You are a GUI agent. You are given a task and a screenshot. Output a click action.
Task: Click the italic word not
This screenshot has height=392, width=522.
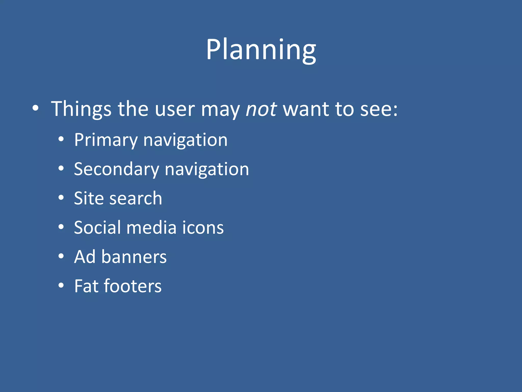pyautogui.click(x=261, y=109)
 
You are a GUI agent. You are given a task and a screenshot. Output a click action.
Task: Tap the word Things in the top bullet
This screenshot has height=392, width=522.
pyautogui.click(x=81, y=109)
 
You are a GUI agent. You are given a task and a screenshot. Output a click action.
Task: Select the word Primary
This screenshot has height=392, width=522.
pyautogui.click(x=106, y=140)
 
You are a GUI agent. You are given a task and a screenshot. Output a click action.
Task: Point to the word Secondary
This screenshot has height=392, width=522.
pyautogui.click(x=116, y=169)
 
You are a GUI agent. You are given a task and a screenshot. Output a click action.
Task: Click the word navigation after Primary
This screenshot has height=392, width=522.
pyautogui.click(x=185, y=140)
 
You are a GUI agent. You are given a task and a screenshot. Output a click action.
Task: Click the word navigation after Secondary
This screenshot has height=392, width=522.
pyautogui.click(x=207, y=169)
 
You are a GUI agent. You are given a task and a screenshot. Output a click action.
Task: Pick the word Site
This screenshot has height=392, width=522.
pyautogui.click(x=88, y=198)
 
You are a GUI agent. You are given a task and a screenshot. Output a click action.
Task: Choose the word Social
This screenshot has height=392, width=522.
pyautogui.click(x=97, y=227)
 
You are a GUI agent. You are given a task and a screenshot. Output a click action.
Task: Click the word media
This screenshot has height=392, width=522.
pyautogui.click(x=151, y=227)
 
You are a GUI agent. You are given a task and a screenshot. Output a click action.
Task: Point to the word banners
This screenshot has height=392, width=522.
pyautogui.click(x=134, y=257)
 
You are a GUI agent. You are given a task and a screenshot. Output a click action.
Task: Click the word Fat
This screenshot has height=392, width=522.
pyautogui.click(x=86, y=286)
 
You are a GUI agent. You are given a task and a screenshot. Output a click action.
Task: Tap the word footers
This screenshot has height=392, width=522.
pyautogui.click(x=133, y=286)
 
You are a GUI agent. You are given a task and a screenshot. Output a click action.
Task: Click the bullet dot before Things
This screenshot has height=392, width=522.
pyautogui.click(x=35, y=108)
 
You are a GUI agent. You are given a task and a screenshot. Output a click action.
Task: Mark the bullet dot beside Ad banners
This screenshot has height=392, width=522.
pyautogui.click(x=61, y=256)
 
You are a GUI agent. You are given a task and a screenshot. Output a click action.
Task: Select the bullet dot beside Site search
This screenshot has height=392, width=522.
pyautogui.click(x=61, y=198)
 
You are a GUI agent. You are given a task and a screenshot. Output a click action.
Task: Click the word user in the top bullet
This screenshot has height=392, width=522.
pyautogui.click(x=175, y=109)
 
